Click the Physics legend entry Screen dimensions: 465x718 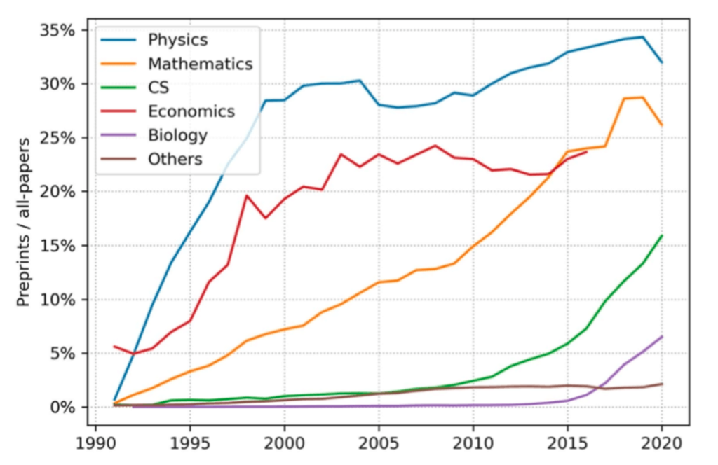177,39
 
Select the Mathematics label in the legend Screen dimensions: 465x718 200,64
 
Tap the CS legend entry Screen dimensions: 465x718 158,88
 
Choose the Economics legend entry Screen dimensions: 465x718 191,111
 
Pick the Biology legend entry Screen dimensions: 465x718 177,135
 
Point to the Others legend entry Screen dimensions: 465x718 175,159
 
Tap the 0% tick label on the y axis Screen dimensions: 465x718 64,408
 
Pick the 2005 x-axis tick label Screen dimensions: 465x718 379,443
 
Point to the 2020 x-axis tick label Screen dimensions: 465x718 661,443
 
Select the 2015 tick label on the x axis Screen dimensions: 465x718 567,443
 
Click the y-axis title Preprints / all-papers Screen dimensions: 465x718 24,221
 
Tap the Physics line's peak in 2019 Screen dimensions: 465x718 642,37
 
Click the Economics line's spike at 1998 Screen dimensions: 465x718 247,195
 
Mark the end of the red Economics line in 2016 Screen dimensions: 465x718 586,151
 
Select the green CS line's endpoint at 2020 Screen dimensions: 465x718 661,236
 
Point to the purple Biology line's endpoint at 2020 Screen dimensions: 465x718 661,337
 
